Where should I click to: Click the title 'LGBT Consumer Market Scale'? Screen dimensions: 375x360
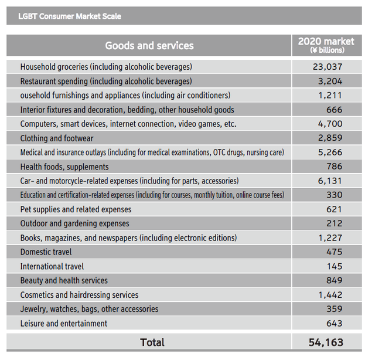(x=70, y=16)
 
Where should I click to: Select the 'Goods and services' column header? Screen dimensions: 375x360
(x=149, y=46)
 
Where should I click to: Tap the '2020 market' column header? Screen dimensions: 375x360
(x=326, y=45)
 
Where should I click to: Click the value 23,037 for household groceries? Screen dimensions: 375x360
(x=328, y=67)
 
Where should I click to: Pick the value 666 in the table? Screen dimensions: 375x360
(x=335, y=110)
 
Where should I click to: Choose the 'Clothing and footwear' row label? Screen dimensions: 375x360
(x=57, y=138)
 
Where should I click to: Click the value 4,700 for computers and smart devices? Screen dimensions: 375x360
(x=330, y=124)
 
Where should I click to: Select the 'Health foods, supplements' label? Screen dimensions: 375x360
(x=64, y=167)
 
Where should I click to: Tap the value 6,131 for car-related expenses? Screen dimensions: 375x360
(x=330, y=181)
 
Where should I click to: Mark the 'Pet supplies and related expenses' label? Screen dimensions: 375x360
(x=76, y=209)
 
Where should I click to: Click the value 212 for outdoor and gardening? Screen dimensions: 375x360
(x=335, y=223)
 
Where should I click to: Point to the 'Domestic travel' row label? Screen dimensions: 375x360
(x=46, y=252)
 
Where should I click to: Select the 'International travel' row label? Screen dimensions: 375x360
(x=52, y=266)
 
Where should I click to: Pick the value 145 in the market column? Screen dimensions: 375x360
(x=335, y=266)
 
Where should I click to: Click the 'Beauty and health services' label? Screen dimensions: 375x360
(x=64, y=280)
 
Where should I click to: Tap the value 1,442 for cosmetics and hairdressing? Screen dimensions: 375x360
(x=330, y=295)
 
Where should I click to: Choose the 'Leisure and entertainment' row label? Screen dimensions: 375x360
(x=64, y=324)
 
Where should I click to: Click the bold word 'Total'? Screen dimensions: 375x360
(x=152, y=342)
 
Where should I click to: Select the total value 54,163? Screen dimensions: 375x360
(x=326, y=342)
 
